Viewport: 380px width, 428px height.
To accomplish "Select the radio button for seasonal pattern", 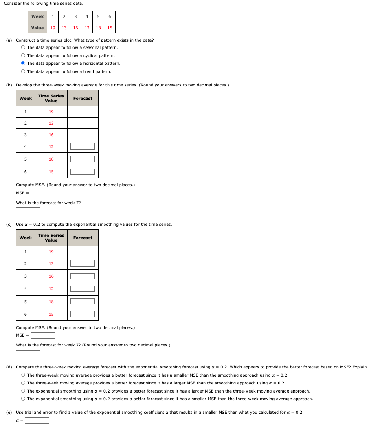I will coord(23,48).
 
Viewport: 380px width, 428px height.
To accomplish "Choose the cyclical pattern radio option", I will coord(23,55).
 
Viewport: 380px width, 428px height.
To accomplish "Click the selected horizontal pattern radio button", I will coord(23,64).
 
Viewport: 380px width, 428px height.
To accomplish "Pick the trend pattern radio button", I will coord(23,72).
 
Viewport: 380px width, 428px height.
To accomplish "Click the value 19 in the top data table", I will coord(53,28).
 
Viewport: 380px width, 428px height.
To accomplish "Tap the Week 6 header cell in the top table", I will coord(110,17).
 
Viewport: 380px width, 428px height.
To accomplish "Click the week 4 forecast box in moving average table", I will coord(83,146).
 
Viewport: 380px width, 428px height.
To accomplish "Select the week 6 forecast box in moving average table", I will coord(83,172).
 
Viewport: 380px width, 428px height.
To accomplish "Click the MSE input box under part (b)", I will coord(43,193).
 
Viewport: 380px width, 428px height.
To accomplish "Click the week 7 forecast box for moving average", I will coord(28,211).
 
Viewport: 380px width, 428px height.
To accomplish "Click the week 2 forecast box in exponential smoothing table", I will coord(83,264).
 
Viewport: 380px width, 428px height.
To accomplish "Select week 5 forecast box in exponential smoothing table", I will coord(83,302).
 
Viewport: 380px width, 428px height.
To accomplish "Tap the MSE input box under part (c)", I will coord(43,335).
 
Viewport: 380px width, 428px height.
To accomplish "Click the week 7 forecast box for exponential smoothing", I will coord(28,353).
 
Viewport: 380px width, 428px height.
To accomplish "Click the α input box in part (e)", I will coord(37,420).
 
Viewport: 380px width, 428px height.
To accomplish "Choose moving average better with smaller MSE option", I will coord(23,375).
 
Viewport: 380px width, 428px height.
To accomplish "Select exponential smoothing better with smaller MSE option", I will coord(23,399).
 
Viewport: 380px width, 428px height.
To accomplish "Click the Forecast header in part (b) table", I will coord(83,99).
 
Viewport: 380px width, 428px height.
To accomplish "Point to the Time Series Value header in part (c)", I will coord(51,238).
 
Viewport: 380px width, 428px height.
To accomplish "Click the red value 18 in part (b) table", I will coord(51,159).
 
